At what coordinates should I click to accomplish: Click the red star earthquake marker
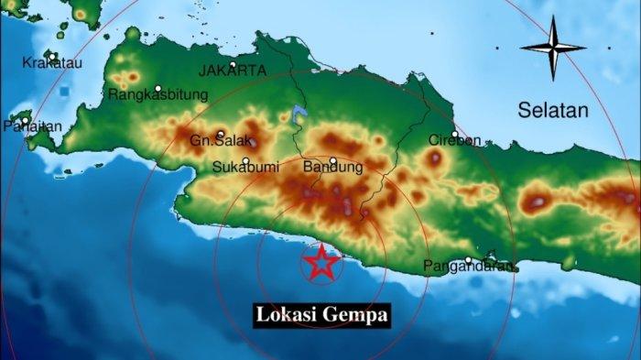coord(321,263)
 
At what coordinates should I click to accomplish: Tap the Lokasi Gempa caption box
coord(322,315)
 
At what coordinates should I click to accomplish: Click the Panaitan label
coord(26,127)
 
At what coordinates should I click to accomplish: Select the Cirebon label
coord(454,140)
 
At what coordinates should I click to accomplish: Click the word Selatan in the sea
coord(552,111)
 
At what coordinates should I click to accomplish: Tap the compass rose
coord(553,47)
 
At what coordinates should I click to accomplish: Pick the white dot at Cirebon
coord(454,134)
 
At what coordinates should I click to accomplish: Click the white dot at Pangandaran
coord(469,260)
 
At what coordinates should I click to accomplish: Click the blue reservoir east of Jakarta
coord(297,116)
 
